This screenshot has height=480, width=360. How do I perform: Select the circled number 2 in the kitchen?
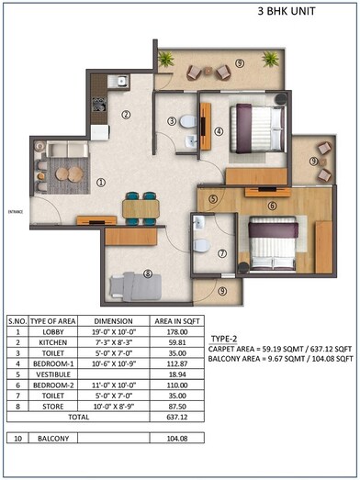pyautogui.click(x=126, y=115)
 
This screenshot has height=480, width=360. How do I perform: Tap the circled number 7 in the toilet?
pyautogui.click(x=221, y=252)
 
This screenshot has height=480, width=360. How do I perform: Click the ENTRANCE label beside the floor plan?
pyautogui.click(x=16, y=212)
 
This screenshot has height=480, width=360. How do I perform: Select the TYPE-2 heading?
pyautogui.click(x=226, y=339)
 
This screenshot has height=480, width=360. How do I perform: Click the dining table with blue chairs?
pyautogui.click(x=140, y=207)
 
